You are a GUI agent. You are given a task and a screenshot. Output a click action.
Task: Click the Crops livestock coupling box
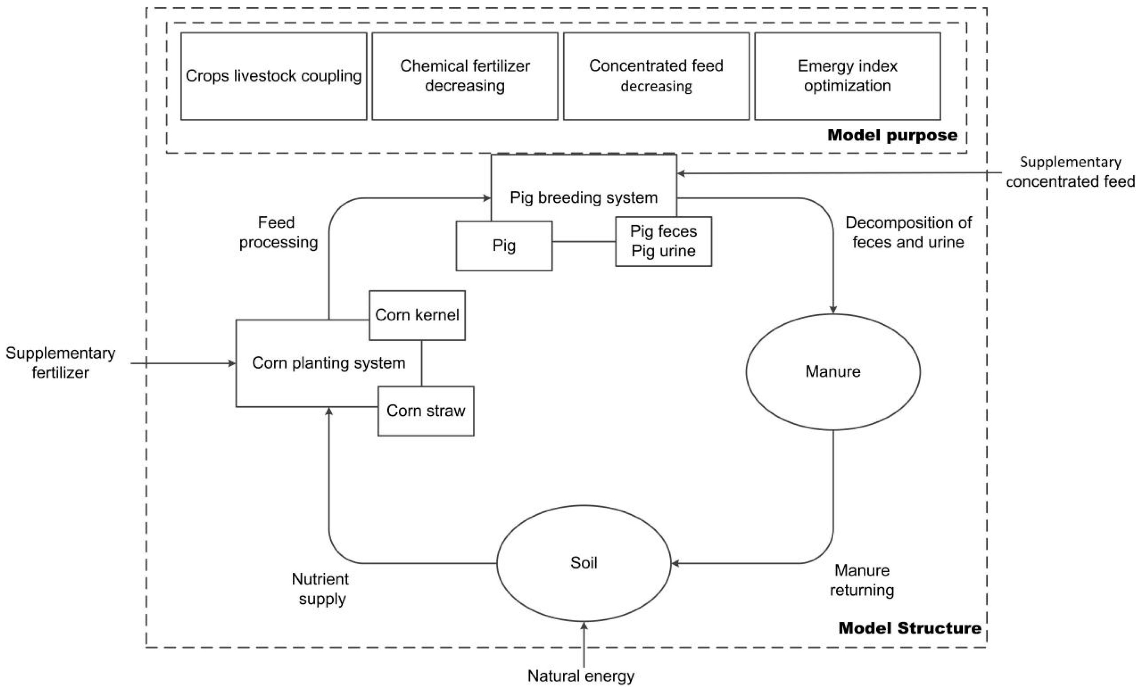[273, 76]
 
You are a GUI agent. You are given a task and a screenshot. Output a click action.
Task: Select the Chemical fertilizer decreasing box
[465, 76]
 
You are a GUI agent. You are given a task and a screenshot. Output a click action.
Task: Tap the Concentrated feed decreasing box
[656, 76]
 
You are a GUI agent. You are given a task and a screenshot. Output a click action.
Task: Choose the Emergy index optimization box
[847, 76]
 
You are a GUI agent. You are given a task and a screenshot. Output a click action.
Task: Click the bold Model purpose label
[892, 135]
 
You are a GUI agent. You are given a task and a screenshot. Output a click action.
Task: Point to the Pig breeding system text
[584, 198]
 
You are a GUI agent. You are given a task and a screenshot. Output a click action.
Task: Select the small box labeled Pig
[504, 246]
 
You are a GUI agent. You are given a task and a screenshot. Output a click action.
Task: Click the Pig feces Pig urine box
[663, 241]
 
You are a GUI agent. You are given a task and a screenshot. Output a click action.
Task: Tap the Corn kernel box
[417, 315]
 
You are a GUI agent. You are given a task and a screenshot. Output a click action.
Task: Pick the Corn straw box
[426, 411]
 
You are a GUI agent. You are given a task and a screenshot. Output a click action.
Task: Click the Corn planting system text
[328, 363]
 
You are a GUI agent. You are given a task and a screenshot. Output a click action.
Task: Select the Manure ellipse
[833, 372]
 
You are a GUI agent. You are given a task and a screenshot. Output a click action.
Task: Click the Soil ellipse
[584, 563]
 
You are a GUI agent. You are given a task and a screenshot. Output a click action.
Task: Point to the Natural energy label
[581, 676]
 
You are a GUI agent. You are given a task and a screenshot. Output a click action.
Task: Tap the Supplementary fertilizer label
[60, 363]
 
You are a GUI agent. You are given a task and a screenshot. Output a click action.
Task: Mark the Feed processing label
[278, 232]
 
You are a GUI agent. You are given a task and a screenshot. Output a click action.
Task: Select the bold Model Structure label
[909, 628]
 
